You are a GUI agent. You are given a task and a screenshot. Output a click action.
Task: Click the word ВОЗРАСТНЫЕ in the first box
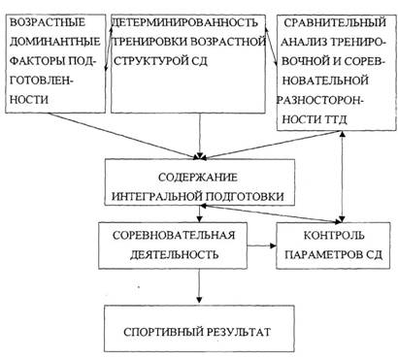48,22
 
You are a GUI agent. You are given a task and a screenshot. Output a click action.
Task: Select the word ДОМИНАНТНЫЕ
55,42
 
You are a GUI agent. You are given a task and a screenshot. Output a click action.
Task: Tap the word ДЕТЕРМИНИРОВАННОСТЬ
185,22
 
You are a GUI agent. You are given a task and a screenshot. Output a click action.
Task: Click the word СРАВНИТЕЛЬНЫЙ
335,22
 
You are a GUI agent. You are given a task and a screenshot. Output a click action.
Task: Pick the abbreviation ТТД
334,119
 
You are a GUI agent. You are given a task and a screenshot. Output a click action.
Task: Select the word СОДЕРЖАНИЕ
198,178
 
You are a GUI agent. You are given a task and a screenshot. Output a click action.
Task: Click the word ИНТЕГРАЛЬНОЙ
158,196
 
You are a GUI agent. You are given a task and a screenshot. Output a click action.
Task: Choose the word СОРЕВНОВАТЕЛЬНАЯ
174,235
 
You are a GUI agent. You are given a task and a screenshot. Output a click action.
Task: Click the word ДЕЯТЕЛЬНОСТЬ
175,254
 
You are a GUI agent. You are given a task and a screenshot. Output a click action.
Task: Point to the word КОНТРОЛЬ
334,235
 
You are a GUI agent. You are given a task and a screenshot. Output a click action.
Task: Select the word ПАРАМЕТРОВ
324,254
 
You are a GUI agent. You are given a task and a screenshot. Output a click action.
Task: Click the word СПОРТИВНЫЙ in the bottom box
163,332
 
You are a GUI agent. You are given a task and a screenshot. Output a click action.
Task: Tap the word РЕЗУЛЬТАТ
238,332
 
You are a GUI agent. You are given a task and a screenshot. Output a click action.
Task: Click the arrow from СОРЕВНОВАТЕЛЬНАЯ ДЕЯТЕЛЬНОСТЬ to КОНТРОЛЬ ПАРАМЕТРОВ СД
261,245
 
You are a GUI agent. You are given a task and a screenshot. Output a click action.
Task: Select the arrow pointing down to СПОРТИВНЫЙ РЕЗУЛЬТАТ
199,286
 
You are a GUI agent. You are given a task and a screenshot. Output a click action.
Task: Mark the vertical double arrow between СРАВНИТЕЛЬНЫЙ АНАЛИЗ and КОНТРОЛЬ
342,177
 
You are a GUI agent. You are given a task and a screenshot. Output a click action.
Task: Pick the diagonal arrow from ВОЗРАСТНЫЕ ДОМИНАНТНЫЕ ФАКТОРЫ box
123,136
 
